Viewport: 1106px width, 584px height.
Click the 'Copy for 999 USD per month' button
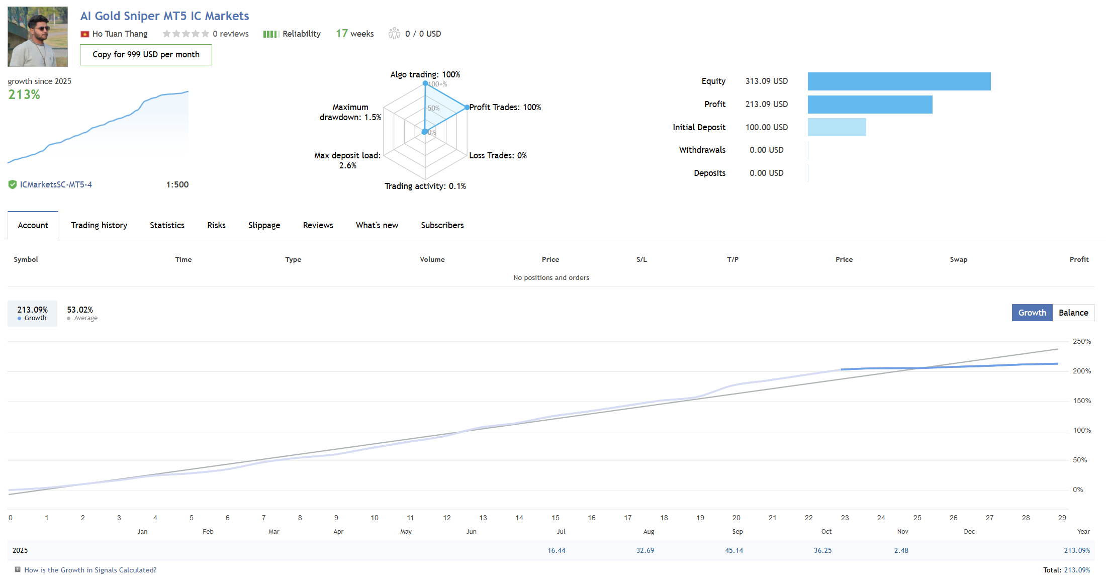(x=146, y=55)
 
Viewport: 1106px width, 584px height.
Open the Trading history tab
(x=99, y=225)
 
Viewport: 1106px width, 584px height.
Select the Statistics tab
(x=167, y=225)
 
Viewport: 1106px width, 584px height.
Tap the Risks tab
(x=216, y=225)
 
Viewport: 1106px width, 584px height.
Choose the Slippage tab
(x=264, y=225)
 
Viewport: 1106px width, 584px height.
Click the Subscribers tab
(x=442, y=225)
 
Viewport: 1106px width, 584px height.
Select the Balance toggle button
(x=1073, y=313)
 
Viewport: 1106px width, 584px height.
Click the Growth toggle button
(x=1032, y=313)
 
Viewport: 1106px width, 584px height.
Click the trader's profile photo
(x=38, y=37)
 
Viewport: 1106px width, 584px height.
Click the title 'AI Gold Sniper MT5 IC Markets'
(x=164, y=16)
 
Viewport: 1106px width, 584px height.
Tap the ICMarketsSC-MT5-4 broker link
(x=56, y=184)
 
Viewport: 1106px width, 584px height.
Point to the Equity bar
(x=899, y=81)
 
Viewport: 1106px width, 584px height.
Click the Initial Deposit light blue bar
(x=837, y=127)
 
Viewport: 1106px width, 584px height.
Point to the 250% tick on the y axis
(x=1081, y=341)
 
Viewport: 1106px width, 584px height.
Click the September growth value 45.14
(x=733, y=550)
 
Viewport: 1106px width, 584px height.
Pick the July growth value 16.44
(x=556, y=550)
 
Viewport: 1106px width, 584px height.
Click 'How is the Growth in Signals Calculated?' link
(x=90, y=570)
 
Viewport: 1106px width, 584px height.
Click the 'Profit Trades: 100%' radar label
(x=505, y=107)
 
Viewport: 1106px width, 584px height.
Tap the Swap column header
(x=958, y=259)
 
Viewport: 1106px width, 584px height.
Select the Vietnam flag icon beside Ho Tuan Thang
(x=85, y=34)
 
